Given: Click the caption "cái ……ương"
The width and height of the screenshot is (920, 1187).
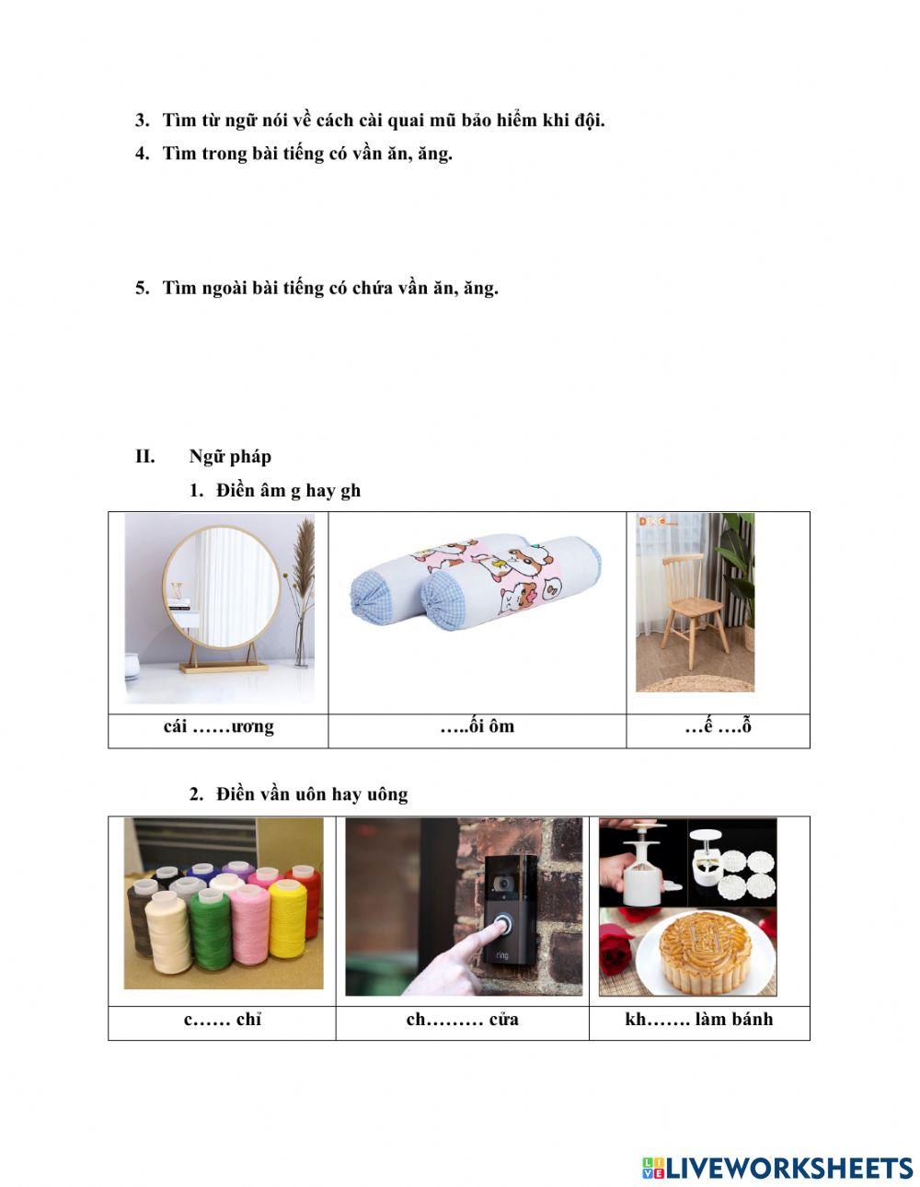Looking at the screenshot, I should click(x=219, y=726).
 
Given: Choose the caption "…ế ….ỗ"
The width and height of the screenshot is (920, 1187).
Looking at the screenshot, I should click(x=718, y=726).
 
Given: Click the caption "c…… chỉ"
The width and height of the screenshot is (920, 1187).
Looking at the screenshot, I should click(x=223, y=1019).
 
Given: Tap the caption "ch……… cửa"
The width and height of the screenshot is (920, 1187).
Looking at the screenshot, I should click(x=462, y=1019).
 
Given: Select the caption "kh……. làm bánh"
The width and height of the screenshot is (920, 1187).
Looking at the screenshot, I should click(x=699, y=1019).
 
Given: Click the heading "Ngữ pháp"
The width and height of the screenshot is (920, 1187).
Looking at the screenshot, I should click(x=230, y=456).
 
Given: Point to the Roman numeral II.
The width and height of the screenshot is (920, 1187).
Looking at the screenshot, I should click(x=145, y=456).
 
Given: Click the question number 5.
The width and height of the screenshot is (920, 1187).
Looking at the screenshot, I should click(x=142, y=288).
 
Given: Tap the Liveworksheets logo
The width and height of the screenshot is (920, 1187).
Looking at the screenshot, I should click(x=777, y=1168).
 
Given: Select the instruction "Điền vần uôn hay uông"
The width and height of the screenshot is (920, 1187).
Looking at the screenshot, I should click(x=312, y=793).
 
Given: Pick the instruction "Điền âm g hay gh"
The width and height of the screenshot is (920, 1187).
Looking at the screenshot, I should click(x=288, y=490).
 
